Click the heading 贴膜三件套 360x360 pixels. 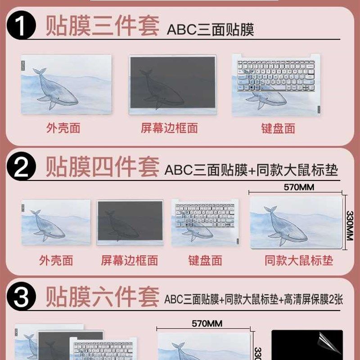(102, 27)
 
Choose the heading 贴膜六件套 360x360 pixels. (102, 297)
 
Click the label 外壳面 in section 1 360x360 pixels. (63, 128)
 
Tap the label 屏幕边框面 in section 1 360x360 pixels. (169, 128)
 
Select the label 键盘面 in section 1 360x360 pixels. (278, 128)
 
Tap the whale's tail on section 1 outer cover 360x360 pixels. (40, 72)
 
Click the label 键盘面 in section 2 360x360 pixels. (205, 260)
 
